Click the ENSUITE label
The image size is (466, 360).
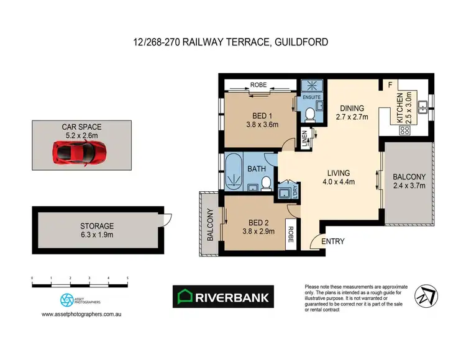(x=311, y=97)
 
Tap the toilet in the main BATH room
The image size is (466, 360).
(x=265, y=183)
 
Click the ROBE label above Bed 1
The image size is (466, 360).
(x=258, y=84)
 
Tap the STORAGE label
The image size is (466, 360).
(x=96, y=226)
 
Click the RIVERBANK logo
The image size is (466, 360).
(x=223, y=297)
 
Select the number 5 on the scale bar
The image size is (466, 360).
(x=127, y=278)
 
